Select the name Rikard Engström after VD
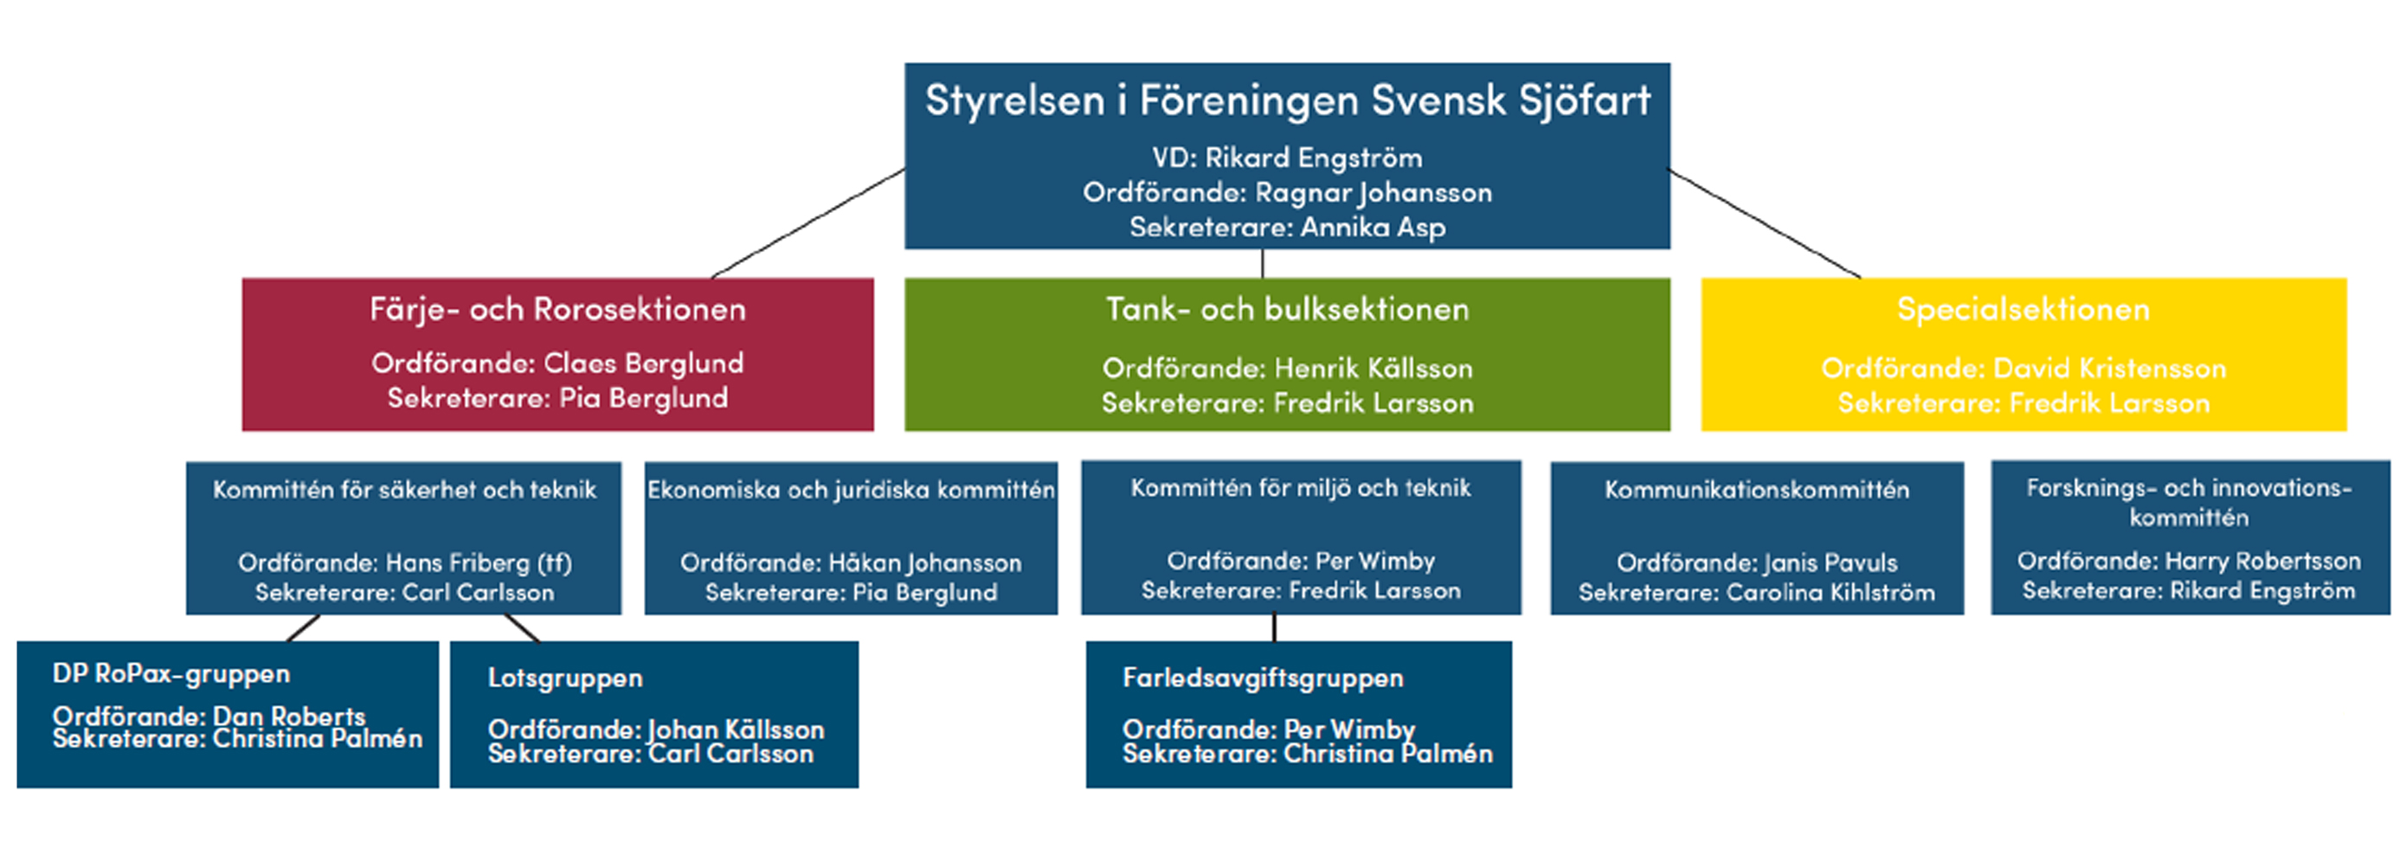coord(1314,158)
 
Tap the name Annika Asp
coord(1373,227)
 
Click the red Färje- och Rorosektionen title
coord(557,309)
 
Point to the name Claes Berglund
coord(644,363)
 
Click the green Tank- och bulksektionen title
coord(1287,309)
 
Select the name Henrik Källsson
coord(1373,368)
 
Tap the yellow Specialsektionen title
coord(2023,309)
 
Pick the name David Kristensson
coord(2110,368)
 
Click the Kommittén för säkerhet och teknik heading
coord(404,489)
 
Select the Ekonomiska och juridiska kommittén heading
coord(851,489)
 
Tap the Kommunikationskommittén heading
coord(1757,489)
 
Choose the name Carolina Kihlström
coord(1830,592)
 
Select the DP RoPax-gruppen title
coord(170,674)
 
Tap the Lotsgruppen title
coord(565,678)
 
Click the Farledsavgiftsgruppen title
coord(1263,678)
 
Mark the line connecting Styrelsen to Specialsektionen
coord(1765,224)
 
